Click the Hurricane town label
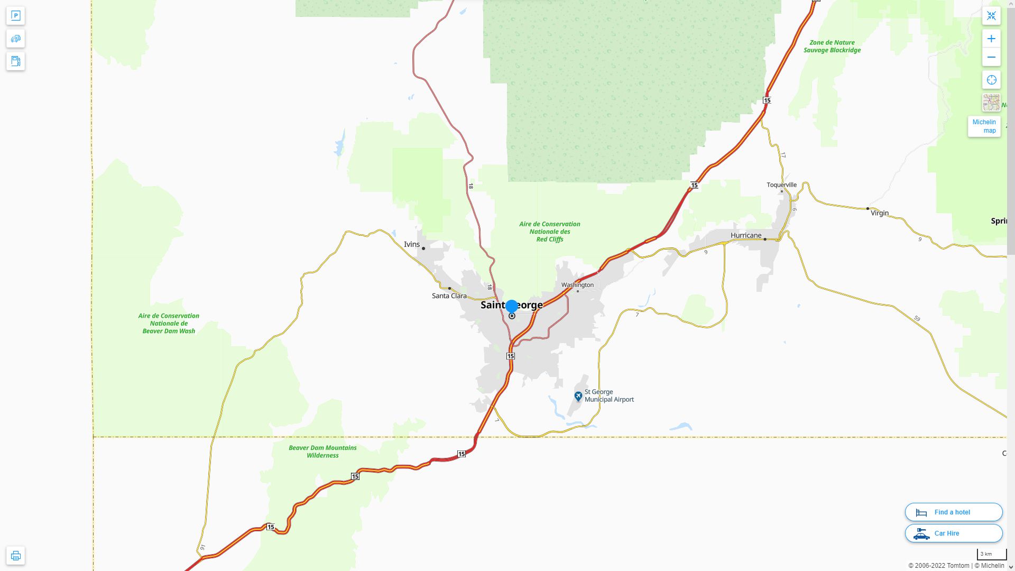pyautogui.click(x=745, y=235)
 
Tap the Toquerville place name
pyautogui.click(x=781, y=185)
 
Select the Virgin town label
pyautogui.click(x=880, y=213)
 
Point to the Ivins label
pyautogui.click(x=411, y=244)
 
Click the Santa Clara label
pyautogui.click(x=449, y=296)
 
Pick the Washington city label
pyautogui.click(x=577, y=285)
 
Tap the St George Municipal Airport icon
pyautogui.click(x=578, y=396)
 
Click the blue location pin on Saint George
pyautogui.click(x=512, y=307)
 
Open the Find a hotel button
pyautogui.click(x=953, y=512)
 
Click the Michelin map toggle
pyautogui.click(x=984, y=126)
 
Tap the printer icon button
pyautogui.click(x=16, y=556)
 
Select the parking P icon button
pyautogui.click(x=16, y=16)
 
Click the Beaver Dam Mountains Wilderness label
pyautogui.click(x=322, y=452)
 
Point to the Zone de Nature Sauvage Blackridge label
pyautogui.click(x=832, y=47)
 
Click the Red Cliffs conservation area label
pyautogui.click(x=549, y=232)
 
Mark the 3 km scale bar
pyautogui.click(x=991, y=555)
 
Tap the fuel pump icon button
pyautogui.click(x=16, y=61)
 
